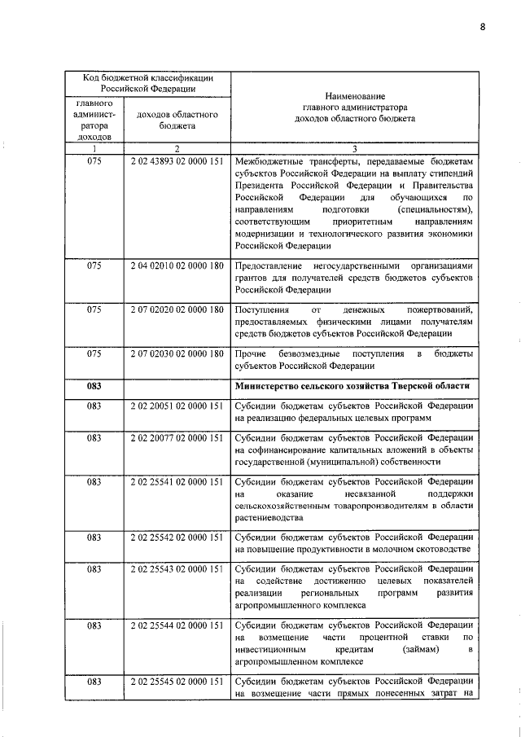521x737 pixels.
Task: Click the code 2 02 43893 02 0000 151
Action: [177, 163]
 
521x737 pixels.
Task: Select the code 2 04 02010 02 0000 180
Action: [177, 266]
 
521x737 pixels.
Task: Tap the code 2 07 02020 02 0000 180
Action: [177, 310]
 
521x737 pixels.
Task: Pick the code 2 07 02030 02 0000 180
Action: [177, 354]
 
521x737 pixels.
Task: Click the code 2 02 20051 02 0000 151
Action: [177, 405]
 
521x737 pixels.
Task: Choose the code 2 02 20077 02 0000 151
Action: [177, 439]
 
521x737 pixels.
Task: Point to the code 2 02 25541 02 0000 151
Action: [177, 483]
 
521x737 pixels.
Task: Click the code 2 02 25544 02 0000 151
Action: [177, 625]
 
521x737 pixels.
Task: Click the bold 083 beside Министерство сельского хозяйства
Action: [94, 385]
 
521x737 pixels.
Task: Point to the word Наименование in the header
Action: [354, 95]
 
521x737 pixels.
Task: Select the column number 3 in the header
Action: [354, 148]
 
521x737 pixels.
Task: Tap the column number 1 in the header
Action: [94, 148]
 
